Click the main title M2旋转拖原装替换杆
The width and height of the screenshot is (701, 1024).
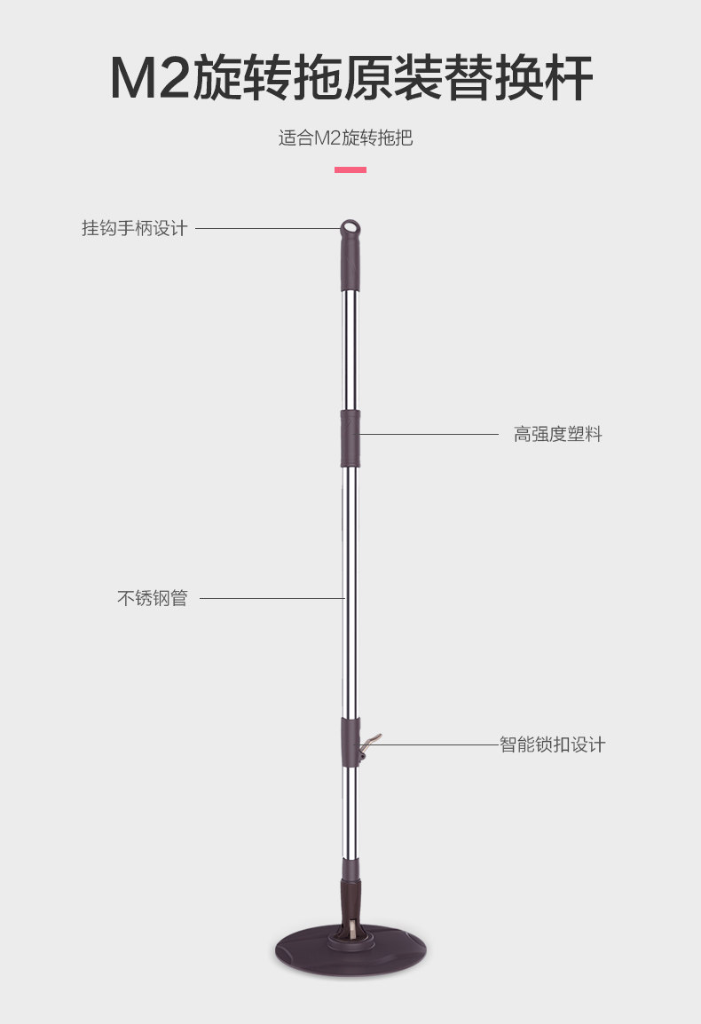click(x=350, y=78)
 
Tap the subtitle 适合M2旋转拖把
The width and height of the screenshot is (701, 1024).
click(x=345, y=138)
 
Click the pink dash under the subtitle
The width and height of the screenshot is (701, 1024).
click(x=350, y=169)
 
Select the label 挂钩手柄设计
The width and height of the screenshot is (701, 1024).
click(x=135, y=228)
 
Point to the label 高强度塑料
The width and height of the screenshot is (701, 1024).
click(x=557, y=435)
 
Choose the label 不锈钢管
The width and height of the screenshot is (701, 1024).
click(x=153, y=598)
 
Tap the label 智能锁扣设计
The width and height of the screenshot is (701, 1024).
click(x=552, y=744)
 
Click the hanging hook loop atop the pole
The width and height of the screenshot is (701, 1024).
click(x=350, y=228)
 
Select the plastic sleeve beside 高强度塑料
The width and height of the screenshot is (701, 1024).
click(x=350, y=437)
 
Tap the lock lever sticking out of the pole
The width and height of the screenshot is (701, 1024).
click(x=371, y=741)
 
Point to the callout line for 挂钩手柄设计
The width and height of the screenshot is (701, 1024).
click(x=266, y=228)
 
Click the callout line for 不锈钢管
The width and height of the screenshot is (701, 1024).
click(x=271, y=598)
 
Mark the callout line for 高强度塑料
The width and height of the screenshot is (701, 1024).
click(x=429, y=434)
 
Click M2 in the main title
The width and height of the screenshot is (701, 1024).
click(x=149, y=79)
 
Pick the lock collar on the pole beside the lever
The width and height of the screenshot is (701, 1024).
click(x=350, y=740)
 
